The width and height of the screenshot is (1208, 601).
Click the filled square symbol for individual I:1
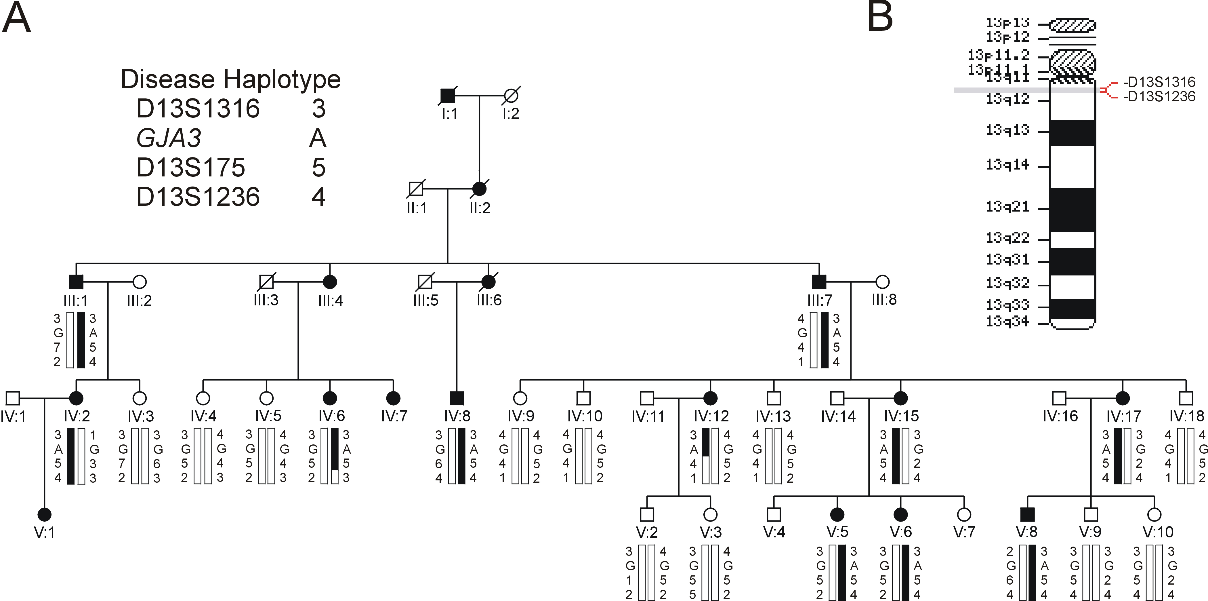pyautogui.click(x=448, y=96)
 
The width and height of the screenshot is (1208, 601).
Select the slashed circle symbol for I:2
pyautogui.click(x=511, y=96)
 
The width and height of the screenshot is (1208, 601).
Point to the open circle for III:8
pyautogui.click(x=883, y=282)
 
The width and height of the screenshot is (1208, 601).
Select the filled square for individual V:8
pyautogui.click(x=1027, y=515)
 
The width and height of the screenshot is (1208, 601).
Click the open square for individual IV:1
pyautogui.click(x=13, y=398)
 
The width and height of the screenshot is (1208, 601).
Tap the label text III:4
pyautogui.click(x=331, y=300)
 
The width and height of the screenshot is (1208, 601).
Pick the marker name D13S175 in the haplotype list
pyautogui.click(x=190, y=168)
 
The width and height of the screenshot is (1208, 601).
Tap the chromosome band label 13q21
pyautogui.click(x=1007, y=206)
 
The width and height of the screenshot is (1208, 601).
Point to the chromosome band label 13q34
pyautogui.click(x=1007, y=322)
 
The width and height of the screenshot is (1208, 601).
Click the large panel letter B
pyautogui.click(x=880, y=17)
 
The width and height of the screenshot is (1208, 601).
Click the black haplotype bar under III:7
pyautogui.click(x=825, y=340)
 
